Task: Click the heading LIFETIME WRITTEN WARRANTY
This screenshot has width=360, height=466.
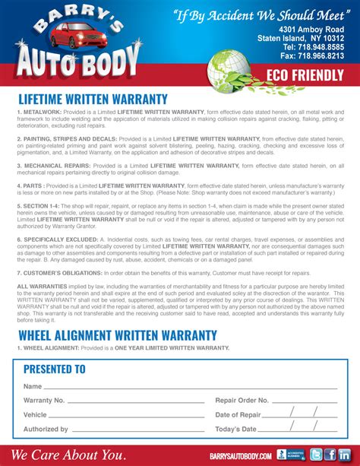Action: coord(92,99)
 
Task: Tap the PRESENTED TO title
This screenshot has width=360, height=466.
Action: coord(54,369)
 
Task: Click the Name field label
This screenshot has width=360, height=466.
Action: coord(33,387)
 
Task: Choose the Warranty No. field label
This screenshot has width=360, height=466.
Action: coord(44,400)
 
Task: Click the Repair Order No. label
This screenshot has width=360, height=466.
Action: coord(242,400)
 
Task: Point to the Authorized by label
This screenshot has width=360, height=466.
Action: coord(46,430)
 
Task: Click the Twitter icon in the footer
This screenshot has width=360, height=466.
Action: coord(315,455)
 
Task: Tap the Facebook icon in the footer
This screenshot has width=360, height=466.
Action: coord(331,455)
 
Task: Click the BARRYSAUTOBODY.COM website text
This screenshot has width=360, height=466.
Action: coord(241,455)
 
